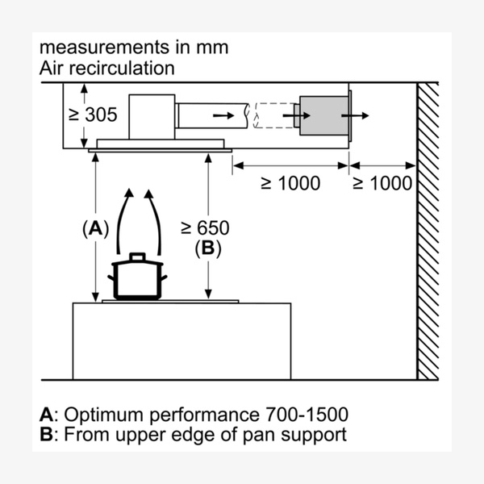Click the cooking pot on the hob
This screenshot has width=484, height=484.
(x=137, y=279)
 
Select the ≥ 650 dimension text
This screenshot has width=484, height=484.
(x=205, y=228)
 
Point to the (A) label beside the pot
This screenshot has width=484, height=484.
(x=95, y=228)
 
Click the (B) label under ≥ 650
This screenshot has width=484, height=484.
(x=207, y=248)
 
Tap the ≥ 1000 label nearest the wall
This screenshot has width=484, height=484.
(x=382, y=183)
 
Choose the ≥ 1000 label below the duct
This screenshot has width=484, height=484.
(x=290, y=183)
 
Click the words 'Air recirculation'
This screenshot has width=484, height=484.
(x=106, y=68)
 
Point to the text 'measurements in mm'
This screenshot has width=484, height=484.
(x=134, y=47)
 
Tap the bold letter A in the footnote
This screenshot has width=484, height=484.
(x=46, y=415)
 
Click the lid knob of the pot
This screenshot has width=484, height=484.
(x=137, y=256)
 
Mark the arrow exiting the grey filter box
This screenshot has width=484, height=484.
(x=353, y=117)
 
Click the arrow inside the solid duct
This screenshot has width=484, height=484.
(x=220, y=116)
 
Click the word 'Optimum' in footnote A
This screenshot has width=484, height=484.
(x=98, y=415)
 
